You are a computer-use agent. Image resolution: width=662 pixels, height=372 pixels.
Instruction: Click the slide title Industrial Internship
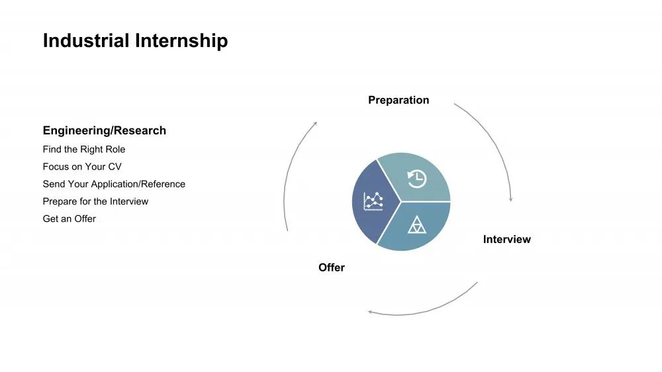135,41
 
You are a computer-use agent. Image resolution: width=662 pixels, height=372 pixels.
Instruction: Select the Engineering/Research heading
105,130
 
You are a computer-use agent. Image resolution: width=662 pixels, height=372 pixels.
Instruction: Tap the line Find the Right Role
84,150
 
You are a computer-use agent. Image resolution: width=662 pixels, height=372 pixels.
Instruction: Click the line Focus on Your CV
82,167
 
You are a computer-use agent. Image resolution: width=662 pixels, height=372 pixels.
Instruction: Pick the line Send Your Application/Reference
114,184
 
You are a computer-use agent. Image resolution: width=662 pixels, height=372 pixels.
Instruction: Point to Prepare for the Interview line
95,201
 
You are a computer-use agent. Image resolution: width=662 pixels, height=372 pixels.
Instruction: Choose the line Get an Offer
70,218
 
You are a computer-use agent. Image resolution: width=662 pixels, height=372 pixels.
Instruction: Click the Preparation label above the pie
399,100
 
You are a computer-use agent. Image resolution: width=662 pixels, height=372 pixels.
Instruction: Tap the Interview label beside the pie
506,240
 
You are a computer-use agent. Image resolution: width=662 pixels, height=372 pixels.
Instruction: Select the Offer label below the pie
332,267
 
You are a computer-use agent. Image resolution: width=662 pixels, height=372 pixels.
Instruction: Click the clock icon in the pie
417,179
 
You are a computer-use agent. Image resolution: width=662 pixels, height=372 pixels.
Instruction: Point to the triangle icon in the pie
416,225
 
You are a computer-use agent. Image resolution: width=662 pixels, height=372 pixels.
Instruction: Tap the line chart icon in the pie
373,201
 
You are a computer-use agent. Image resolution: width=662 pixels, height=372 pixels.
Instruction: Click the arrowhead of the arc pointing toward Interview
511,199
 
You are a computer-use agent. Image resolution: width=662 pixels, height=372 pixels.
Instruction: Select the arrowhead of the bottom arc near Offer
370,312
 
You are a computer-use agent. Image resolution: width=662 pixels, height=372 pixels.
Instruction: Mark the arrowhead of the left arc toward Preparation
315,124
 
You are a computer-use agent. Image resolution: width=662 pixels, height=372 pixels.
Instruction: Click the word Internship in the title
181,41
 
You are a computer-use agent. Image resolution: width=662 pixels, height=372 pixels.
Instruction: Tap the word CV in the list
115,167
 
